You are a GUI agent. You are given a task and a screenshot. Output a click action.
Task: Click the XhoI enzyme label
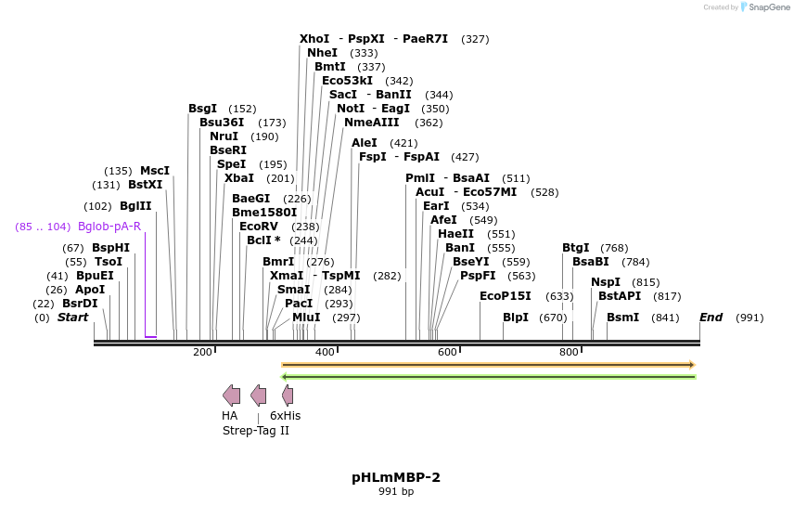[314, 39]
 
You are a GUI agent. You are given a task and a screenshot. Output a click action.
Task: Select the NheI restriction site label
[322, 53]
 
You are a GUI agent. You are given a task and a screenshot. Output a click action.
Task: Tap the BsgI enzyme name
[202, 109]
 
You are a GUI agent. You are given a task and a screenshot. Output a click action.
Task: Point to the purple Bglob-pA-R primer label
[109, 227]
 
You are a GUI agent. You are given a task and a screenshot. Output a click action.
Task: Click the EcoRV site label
[259, 227]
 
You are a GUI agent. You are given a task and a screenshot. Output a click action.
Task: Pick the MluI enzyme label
[306, 318]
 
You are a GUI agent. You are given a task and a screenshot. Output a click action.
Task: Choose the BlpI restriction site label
[516, 318]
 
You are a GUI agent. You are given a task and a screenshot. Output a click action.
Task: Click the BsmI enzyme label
[622, 318]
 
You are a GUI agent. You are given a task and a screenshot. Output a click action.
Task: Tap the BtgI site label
[576, 248]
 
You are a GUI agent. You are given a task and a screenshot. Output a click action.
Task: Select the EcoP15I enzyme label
[506, 296]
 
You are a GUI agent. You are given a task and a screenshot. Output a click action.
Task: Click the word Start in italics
[73, 318]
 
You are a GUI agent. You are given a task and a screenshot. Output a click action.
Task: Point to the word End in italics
[711, 318]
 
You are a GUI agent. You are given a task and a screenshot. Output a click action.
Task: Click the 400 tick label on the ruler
[325, 353]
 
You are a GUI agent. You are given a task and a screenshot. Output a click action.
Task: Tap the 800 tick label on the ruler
[569, 353]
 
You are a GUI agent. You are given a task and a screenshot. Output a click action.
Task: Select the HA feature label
[230, 416]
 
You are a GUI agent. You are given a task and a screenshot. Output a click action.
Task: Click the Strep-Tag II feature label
[256, 431]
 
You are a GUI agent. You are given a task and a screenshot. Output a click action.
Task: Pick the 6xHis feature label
[286, 416]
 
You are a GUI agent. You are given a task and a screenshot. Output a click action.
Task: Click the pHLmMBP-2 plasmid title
[396, 477]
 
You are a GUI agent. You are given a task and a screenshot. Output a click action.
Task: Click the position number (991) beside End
[749, 318]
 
